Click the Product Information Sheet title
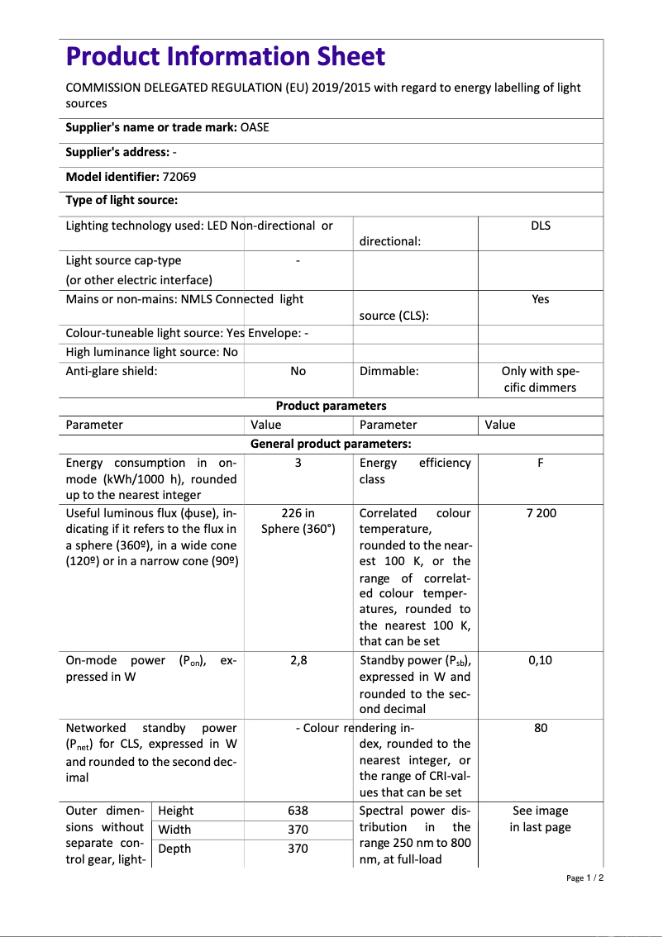pyautogui.click(x=225, y=57)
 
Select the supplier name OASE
pyautogui.click(x=255, y=127)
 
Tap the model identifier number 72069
pyautogui.click(x=179, y=176)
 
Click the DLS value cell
pyautogui.click(x=540, y=226)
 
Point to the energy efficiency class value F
pyautogui.click(x=540, y=463)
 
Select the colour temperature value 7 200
pyautogui.click(x=541, y=513)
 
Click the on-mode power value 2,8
pyautogui.click(x=298, y=660)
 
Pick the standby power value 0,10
pyautogui.click(x=540, y=660)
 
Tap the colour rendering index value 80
pyautogui.click(x=540, y=728)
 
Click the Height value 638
pyautogui.click(x=298, y=811)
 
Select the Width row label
pyautogui.click(x=174, y=830)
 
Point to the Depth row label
pyautogui.click(x=174, y=849)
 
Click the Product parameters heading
pyautogui.click(x=331, y=406)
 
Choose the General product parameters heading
pyautogui.click(x=331, y=444)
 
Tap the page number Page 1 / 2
pyautogui.click(x=584, y=878)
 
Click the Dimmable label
pyautogui.click(x=389, y=371)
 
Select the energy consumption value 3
pyautogui.click(x=298, y=463)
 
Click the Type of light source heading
pyautogui.click(x=122, y=200)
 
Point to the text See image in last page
pyautogui.click(x=540, y=819)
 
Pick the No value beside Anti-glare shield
pyautogui.click(x=298, y=371)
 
